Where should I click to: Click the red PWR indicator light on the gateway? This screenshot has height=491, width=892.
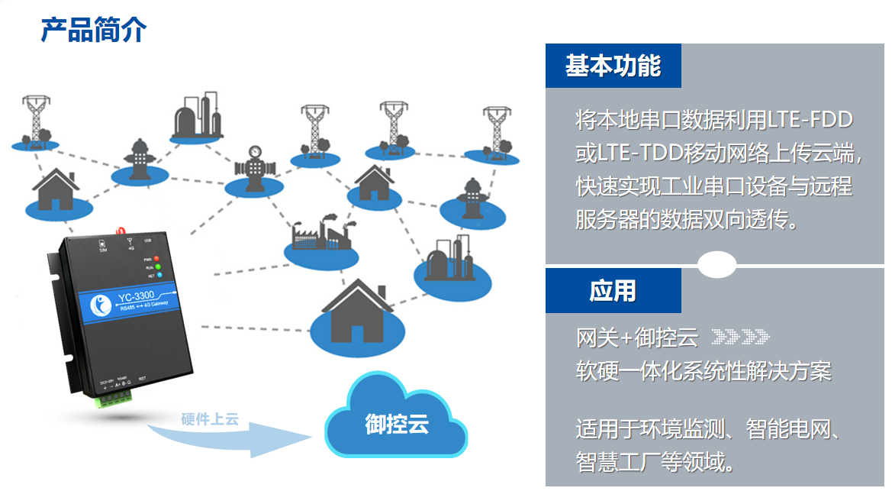pyautogui.click(x=156, y=258)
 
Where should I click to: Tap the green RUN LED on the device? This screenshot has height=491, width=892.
pyautogui.click(x=158, y=267)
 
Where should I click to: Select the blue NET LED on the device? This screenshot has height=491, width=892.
pyautogui.click(x=158, y=276)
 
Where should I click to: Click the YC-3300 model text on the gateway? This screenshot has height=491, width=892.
pyautogui.click(x=138, y=297)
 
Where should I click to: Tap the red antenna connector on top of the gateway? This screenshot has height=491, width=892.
pyautogui.click(x=121, y=228)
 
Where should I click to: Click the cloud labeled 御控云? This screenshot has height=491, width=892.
pyautogui.click(x=396, y=421)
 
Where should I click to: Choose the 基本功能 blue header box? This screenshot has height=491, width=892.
pyautogui.click(x=613, y=66)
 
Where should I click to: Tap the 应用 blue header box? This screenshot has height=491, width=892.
pyautogui.click(x=613, y=291)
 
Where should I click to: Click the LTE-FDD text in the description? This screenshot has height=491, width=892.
pyautogui.click(x=810, y=120)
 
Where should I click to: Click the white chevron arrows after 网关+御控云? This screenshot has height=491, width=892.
pyautogui.click(x=740, y=336)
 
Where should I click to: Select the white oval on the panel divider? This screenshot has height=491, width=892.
pyautogui.click(x=717, y=265)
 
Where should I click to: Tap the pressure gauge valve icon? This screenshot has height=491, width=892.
pyautogui.click(x=253, y=164)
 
